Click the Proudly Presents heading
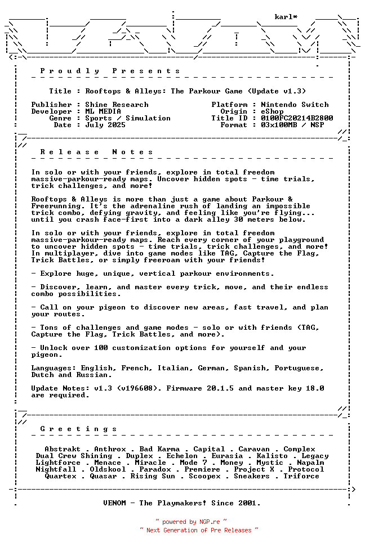pos(110,71)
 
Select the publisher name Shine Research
pos(117,105)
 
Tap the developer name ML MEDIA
pos(103,111)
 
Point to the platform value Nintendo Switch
pos(295,105)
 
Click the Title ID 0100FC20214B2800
pos(297,118)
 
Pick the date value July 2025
pos(105,125)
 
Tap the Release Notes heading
pos(96,152)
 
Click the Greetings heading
pos(78,429)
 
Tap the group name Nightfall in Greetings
pos(56,469)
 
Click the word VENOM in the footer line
pos(117,503)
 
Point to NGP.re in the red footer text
pos(209,522)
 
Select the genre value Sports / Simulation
pos(128,118)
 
